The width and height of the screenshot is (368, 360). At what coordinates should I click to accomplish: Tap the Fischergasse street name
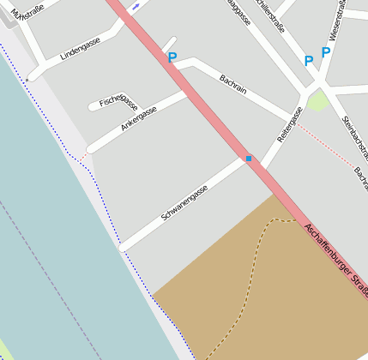click(x=118, y=100)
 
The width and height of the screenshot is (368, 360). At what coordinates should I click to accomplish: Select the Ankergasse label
click(x=139, y=119)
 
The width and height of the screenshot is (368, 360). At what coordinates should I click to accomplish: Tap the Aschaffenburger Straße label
click(x=335, y=260)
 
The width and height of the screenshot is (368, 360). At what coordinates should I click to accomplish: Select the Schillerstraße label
click(x=276, y=12)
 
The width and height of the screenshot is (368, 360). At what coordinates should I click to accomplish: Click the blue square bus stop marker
click(x=250, y=159)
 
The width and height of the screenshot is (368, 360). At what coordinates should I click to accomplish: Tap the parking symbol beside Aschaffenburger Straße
click(x=172, y=58)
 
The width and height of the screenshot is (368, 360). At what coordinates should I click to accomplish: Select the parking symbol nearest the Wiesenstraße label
click(x=326, y=52)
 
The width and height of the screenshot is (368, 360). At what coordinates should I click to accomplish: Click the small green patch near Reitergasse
click(x=317, y=101)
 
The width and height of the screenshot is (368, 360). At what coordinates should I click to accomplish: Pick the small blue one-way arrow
click(x=136, y=4)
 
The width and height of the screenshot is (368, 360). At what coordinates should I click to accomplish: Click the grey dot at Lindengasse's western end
click(x=27, y=80)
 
